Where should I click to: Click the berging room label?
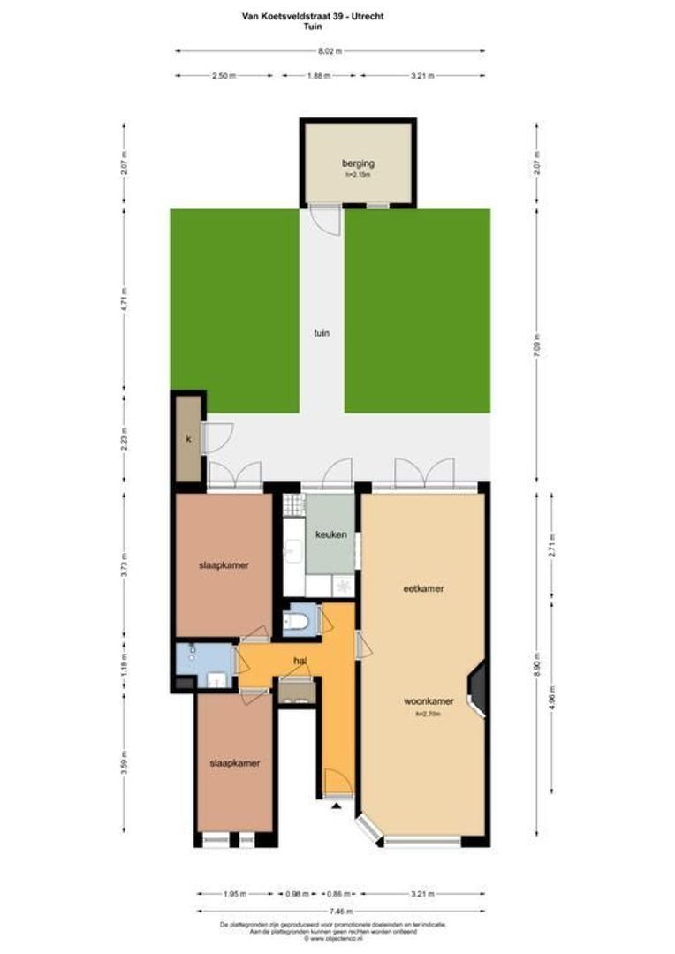coord(358,163)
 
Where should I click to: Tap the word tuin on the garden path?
coord(321,333)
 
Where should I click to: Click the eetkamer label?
coord(422,588)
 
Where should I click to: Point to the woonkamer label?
coord(429,701)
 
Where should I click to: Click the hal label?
coord(300,660)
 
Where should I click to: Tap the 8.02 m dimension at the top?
coord(330,50)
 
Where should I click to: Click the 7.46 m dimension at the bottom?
coord(341,911)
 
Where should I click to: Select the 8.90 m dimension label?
coord(536,663)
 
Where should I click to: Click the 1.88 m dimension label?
coord(318,76)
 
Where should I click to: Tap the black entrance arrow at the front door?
coord(336,806)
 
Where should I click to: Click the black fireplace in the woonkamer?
coord(477,689)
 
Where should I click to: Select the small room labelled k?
coord(188,439)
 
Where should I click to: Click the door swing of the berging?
coord(327,220)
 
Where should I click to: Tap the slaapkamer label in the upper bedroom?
coord(223,565)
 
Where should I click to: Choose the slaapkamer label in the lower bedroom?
coord(234,762)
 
